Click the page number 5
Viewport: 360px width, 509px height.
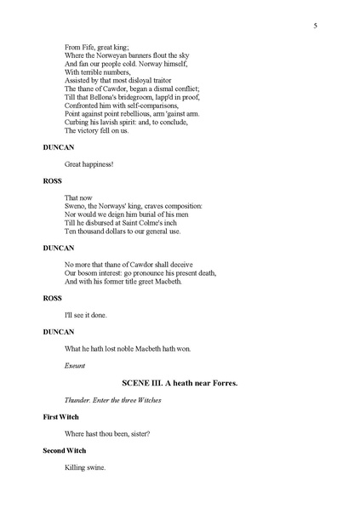tap(315, 26)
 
